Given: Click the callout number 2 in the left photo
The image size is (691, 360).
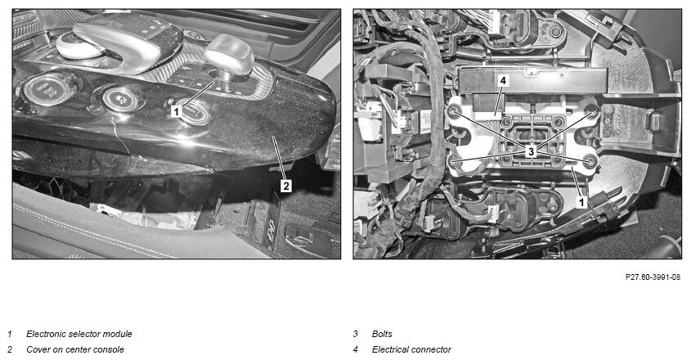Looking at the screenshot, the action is click(x=286, y=187).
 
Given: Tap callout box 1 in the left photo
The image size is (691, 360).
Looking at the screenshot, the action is click(x=177, y=111).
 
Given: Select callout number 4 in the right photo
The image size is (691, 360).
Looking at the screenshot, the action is click(x=503, y=81).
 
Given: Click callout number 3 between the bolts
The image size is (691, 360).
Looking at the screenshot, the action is click(x=531, y=151).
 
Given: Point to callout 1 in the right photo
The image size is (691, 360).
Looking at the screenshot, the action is click(x=581, y=203).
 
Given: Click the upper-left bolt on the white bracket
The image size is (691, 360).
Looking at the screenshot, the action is click(x=453, y=111).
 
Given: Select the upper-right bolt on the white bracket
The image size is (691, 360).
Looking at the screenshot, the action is click(x=591, y=111).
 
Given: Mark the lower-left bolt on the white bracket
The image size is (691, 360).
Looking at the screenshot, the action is click(x=454, y=162).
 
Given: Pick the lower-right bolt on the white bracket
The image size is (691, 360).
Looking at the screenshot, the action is click(x=590, y=162).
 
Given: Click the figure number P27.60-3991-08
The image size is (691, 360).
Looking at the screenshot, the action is click(x=653, y=277).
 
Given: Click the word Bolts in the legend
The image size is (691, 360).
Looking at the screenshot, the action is click(x=382, y=334).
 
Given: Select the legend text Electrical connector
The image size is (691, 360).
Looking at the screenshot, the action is click(x=411, y=349).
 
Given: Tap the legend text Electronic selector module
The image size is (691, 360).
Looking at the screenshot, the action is click(x=79, y=334).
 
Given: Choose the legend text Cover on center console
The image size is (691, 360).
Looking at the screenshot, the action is click(x=75, y=349).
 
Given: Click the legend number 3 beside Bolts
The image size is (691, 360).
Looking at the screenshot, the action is click(x=355, y=334).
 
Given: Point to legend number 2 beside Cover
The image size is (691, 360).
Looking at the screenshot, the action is click(x=10, y=349).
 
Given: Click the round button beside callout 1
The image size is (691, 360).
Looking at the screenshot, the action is click(x=195, y=110).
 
